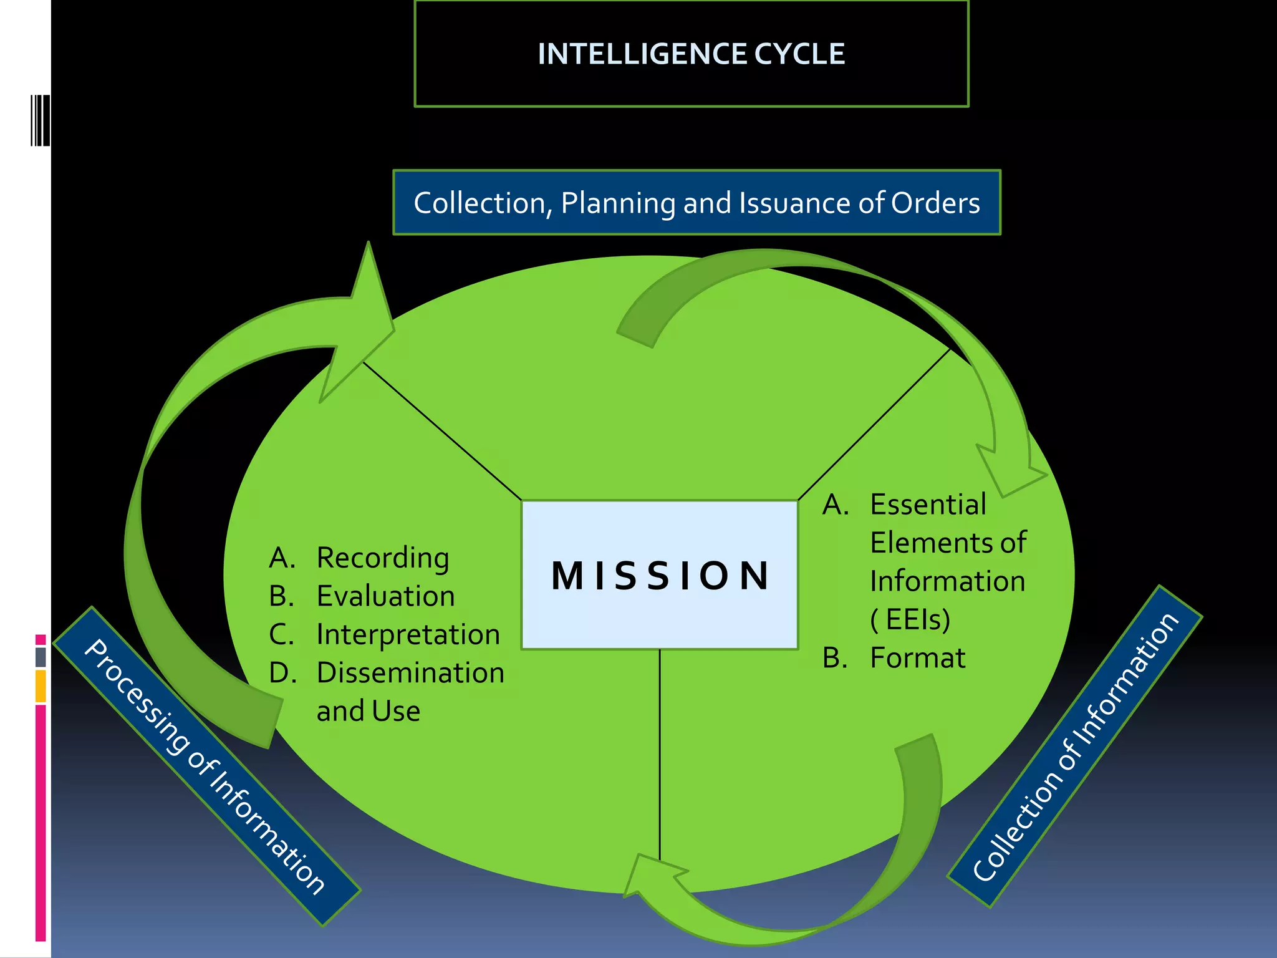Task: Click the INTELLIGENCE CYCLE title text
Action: pos(691,54)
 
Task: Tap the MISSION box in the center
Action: pos(660,575)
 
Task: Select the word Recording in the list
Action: pos(382,558)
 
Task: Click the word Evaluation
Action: pos(385,596)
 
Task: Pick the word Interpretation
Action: pos(408,634)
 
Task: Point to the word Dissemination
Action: pos(410,673)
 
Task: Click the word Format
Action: pos(917,658)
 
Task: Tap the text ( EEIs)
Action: pos(910,619)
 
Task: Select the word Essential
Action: pos(928,505)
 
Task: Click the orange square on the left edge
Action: pos(41,685)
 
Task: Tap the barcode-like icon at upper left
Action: pos(40,120)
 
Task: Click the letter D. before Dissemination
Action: pos(282,673)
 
